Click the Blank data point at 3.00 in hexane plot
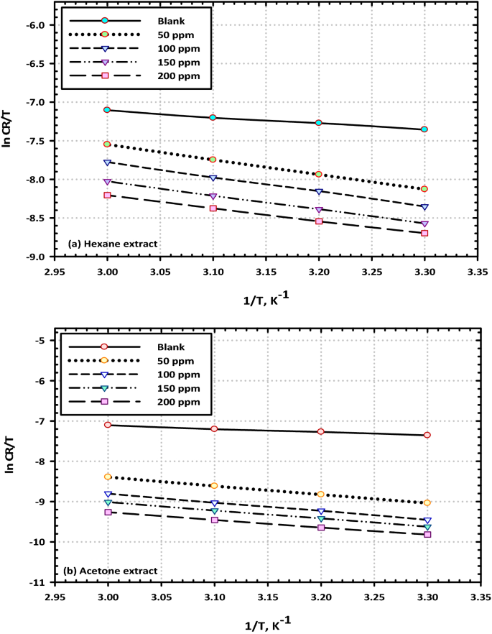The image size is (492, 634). (x=107, y=109)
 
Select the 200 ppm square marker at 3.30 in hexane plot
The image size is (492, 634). (x=424, y=233)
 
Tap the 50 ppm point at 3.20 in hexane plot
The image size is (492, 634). (x=319, y=174)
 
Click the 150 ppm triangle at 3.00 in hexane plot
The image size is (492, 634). (x=107, y=182)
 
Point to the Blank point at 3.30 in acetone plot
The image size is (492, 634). (x=427, y=435)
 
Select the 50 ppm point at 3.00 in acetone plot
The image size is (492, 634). (x=108, y=477)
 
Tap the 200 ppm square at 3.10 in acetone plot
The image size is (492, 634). (x=214, y=520)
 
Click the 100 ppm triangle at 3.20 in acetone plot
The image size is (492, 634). (x=321, y=511)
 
